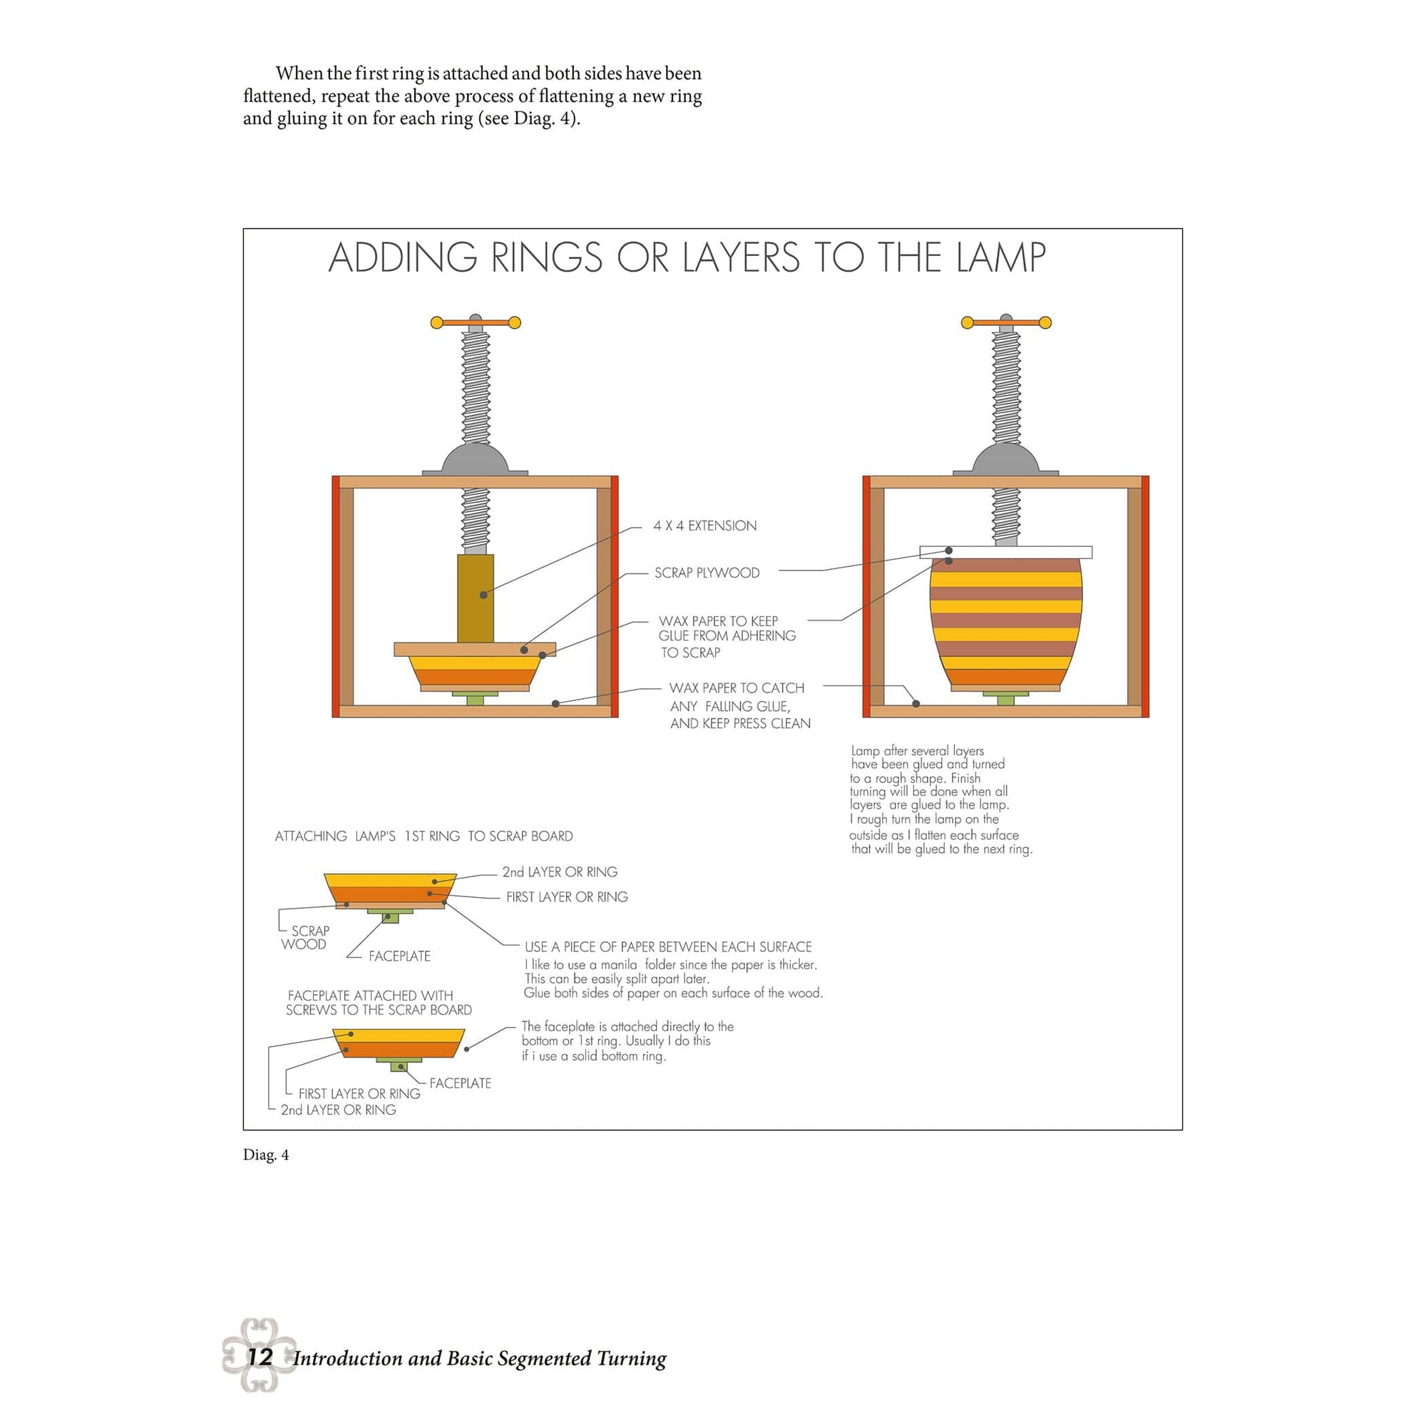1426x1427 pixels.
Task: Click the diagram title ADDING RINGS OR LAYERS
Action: point(686,257)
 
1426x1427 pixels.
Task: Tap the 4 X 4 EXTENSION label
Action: point(704,526)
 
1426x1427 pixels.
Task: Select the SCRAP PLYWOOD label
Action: point(706,573)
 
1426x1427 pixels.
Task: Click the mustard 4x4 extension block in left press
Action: point(475,598)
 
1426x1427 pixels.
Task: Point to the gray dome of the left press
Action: point(475,459)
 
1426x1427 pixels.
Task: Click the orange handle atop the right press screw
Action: point(1005,322)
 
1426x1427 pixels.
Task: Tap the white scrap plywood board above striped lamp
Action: point(1005,552)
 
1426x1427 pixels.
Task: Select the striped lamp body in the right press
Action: point(1005,620)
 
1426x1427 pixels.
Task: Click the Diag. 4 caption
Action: point(266,1155)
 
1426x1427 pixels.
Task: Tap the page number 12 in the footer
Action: point(260,1356)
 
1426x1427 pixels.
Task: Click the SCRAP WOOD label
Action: point(305,937)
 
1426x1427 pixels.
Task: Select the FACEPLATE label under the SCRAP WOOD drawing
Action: point(399,956)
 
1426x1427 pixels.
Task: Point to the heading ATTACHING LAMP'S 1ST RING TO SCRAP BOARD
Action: point(423,836)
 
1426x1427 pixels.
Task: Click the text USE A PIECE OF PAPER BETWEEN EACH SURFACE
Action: point(667,947)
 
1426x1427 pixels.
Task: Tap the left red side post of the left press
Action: point(335,596)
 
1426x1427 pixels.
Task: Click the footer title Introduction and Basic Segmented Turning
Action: point(479,1359)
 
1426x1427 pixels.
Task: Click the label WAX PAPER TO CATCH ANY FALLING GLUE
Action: point(739,705)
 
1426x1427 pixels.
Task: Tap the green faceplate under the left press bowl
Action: point(475,698)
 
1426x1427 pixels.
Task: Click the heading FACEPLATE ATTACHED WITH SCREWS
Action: point(377,1002)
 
